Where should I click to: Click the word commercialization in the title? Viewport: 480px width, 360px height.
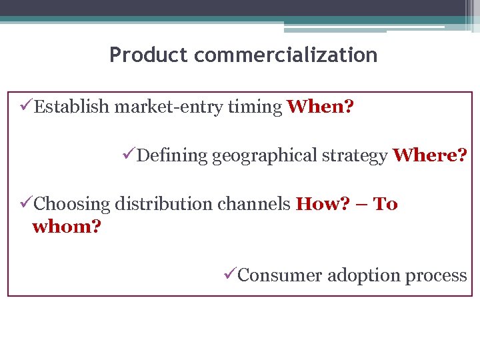(286, 55)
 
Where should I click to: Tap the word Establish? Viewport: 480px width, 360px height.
(72, 107)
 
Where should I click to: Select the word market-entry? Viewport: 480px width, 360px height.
(159, 107)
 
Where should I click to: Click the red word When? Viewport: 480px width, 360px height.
(320, 107)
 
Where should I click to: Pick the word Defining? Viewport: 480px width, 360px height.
(172, 156)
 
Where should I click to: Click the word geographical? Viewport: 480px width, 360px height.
(265, 156)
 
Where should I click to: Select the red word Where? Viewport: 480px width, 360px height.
(430, 156)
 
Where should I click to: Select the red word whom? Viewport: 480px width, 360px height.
(67, 227)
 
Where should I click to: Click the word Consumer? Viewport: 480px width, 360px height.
(279, 275)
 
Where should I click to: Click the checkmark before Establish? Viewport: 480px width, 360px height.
(27, 107)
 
